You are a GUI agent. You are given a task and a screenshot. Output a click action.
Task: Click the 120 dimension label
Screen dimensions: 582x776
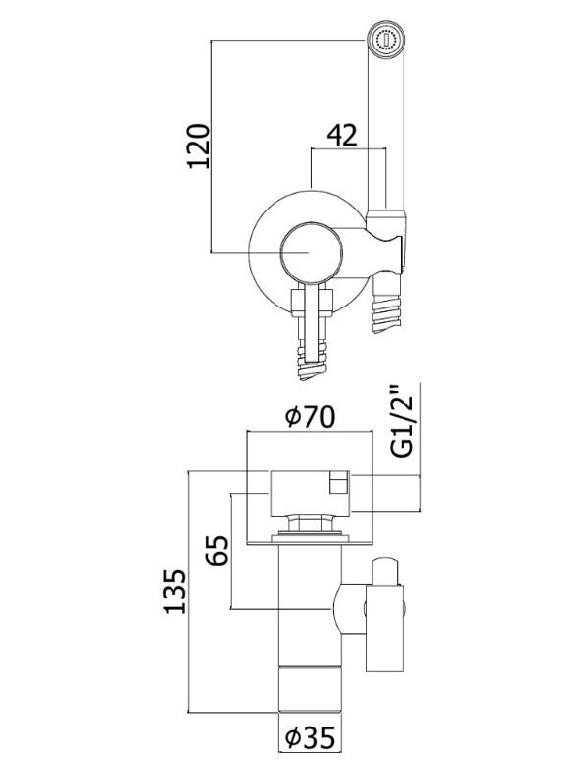coord(198,146)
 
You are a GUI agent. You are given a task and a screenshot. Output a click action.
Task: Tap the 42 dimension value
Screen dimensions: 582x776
coord(342,135)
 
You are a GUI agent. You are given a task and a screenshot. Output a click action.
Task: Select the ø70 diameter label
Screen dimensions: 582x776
coord(310,417)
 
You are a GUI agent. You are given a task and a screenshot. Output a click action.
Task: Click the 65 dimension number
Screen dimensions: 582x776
coord(217,550)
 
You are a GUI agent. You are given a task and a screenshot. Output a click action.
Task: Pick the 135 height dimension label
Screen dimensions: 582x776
coord(176,592)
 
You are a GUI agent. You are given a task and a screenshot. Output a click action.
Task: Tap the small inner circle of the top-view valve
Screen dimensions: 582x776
coord(311,253)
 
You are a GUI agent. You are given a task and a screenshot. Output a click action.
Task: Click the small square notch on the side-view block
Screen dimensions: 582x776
coord(339,482)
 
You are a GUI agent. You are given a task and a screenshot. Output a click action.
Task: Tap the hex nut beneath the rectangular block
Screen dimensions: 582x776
coord(309,523)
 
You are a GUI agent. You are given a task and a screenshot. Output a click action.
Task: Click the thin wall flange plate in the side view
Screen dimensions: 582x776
coord(309,543)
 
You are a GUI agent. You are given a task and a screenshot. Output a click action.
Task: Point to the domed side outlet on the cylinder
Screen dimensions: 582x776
coord(349,608)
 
